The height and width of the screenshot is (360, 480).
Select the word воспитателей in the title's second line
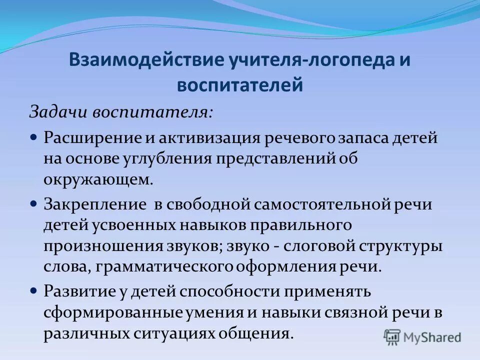[x=240, y=83]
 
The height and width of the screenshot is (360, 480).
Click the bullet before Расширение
[x=34, y=136]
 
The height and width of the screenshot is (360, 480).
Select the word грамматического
[x=166, y=267]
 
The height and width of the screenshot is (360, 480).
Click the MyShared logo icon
[x=392, y=336]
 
